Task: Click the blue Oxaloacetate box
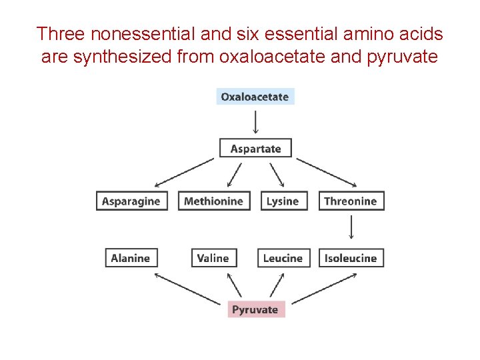click(256, 97)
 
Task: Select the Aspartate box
click(255, 148)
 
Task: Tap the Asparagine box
click(131, 201)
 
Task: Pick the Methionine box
click(213, 201)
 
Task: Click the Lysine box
click(282, 201)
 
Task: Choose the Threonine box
click(350, 201)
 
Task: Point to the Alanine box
click(130, 258)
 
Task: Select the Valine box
click(213, 258)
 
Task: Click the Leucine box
click(283, 258)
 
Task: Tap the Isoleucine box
click(351, 258)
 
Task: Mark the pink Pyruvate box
click(255, 309)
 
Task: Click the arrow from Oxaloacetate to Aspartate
click(255, 121)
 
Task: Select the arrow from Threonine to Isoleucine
click(351, 229)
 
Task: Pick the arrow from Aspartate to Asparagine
click(183, 172)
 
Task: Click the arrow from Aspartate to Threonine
click(327, 172)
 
